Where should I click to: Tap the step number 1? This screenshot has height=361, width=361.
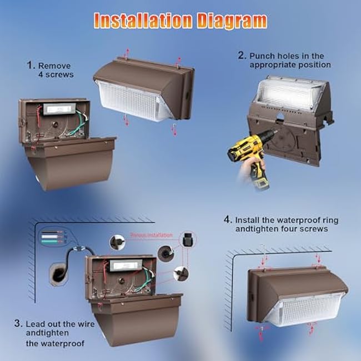coord(30,64)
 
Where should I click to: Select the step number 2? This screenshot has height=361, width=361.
coord(242,55)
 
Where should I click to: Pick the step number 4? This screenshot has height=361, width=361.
coord(228,219)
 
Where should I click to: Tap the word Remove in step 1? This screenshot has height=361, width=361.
coord(54,65)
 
